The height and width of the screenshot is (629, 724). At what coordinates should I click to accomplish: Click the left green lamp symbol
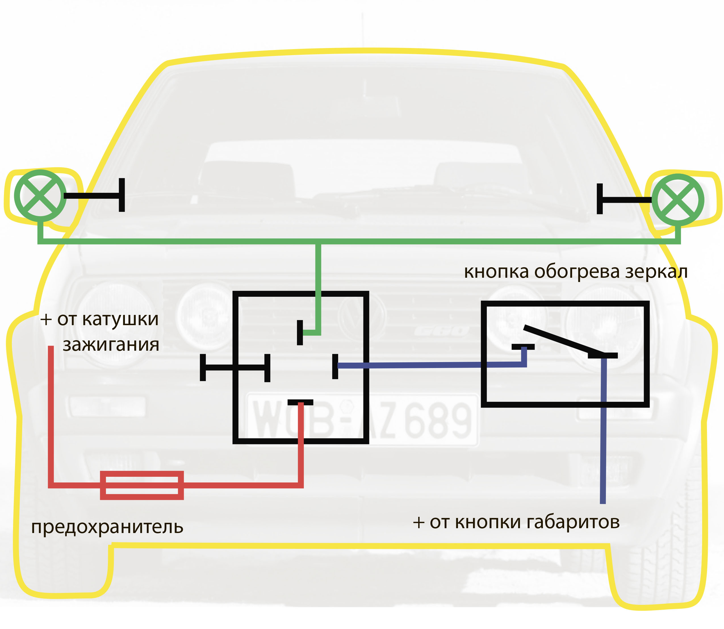point(40,195)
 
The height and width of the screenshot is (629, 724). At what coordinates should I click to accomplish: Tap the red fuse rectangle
point(142,485)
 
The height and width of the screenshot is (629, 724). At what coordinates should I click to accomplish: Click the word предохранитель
point(107,527)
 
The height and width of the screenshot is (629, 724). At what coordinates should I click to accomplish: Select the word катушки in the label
point(120,319)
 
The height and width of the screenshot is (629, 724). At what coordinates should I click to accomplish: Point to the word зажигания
point(111,345)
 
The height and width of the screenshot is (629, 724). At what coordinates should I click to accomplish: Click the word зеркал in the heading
point(656,272)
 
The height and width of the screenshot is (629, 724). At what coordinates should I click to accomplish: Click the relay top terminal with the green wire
point(300,333)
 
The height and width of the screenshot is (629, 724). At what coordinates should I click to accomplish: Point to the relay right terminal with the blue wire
point(335,366)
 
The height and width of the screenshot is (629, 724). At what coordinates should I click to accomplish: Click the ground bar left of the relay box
point(203,367)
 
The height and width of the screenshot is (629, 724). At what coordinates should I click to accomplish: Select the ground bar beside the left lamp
point(122,195)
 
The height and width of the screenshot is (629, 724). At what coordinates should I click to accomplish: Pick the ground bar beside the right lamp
point(600,199)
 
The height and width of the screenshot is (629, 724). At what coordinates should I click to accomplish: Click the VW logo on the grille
point(361,316)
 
